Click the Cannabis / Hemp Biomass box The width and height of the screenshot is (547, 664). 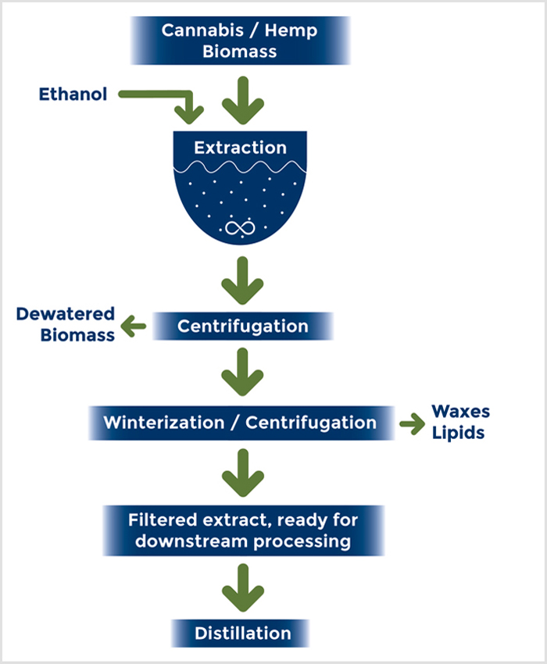pyautogui.click(x=240, y=41)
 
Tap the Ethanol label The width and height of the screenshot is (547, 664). pyautogui.click(x=73, y=95)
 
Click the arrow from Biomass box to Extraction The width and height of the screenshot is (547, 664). pyautogui.click(x=240, y=100)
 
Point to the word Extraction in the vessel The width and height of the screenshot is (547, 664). pyautogui.click(x=240, y=148)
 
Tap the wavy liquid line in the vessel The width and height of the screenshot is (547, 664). pyautogui.click(x=240, y=168)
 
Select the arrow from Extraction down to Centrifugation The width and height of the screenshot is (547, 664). pyautogui.click(x=240, y=281)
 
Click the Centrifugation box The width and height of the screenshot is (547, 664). pyautogui.click(x=242, y=326)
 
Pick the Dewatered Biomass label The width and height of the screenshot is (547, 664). pyautogui.click(x=66, y=324)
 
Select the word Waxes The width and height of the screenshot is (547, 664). pyautogui.click(x=461, y=412)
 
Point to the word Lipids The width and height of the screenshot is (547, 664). pyautogui.click(x=459, y=432)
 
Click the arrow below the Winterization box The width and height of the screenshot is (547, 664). pyautogui.click(x=240, y=472)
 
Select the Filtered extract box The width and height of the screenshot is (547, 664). pyautogui.click(x=242, y=530)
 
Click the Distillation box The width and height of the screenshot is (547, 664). pyautogui.click(x=241, y=633)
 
